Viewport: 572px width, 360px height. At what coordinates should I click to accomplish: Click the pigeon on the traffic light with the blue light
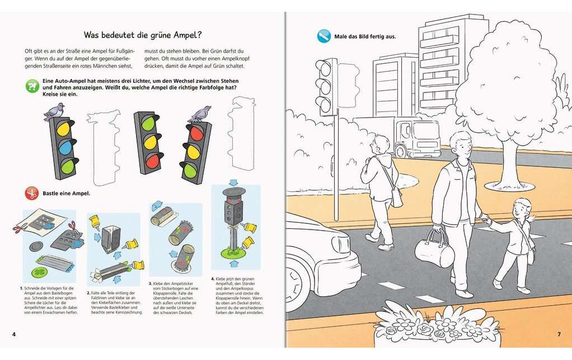(54, 110)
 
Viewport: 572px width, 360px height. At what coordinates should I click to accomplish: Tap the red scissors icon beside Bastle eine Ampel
(31, 194)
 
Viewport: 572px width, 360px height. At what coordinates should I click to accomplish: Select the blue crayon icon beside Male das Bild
(323, 36)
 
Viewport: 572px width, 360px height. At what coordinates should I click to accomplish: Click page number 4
(13, 334)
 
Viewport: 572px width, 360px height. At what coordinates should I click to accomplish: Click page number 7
(558, 334)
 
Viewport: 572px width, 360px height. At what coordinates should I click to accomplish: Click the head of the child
(523, 209)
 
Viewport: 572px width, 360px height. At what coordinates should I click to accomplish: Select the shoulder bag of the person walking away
(396, 196)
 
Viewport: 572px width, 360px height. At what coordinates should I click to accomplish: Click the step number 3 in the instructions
(151, 284)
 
